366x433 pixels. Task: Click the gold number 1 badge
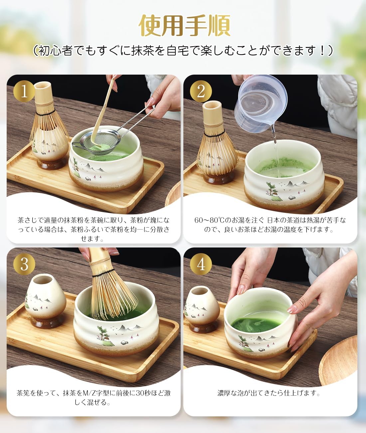click(x=24, y=91)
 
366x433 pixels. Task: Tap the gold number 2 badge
click(x=201, y=91)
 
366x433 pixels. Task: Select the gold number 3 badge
click(x=24, y=264)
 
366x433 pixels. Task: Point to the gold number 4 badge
click(x=201, y=264)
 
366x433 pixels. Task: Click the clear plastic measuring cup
click(x=261, y=106)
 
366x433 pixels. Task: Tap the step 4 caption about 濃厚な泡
click(x=269, y=393)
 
